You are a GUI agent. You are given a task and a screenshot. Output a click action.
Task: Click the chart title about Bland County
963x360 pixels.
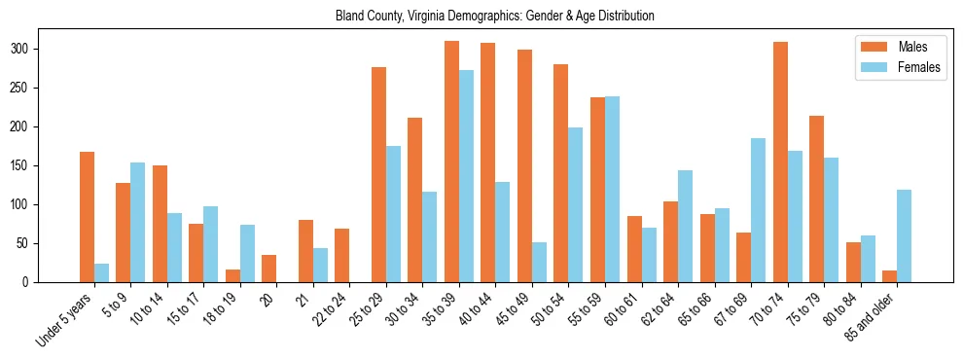coord(495,16)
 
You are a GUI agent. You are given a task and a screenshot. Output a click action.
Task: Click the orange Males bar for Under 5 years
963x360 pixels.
coord(87,217)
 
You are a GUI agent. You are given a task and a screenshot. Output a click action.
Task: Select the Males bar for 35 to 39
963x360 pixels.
coord(451,162)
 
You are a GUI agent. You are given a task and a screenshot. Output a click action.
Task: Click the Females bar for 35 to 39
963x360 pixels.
coord(466,176)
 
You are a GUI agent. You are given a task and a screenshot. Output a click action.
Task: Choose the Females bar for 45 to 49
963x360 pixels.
coord(539,262)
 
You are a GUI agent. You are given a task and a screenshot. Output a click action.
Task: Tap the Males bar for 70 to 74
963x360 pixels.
coord(780,162)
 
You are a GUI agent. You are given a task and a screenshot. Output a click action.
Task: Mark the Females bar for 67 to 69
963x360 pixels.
coord(758,210)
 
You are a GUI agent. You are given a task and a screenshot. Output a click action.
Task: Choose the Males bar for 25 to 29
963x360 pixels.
coord(378,174)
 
